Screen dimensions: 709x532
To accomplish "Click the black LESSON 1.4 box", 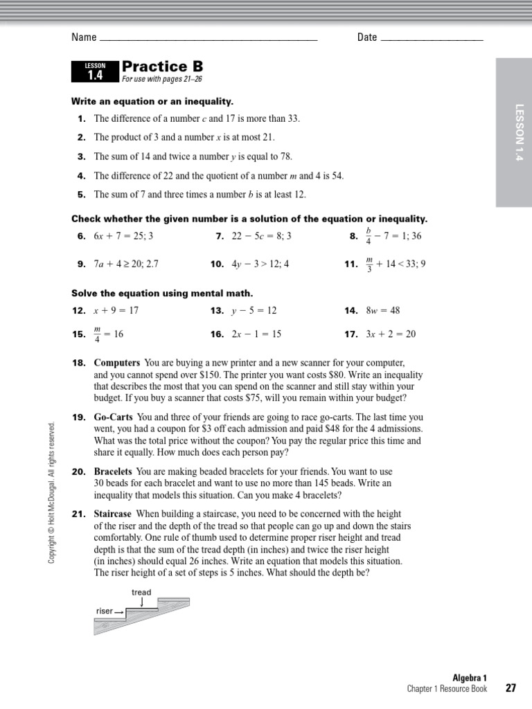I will (x=95, y=71).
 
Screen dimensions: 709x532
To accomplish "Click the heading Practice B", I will (x=163, y=66).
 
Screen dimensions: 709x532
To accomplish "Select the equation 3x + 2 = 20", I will (x=391, y=334).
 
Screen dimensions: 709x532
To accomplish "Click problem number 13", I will (x=217, y=311).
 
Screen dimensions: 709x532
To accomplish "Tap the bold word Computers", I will (x=117, y=363).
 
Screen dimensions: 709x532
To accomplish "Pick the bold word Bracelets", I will (x=114, y=472).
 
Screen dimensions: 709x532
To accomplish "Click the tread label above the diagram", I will (x=141, y=593).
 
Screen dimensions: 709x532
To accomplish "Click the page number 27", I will (x=511, y=688).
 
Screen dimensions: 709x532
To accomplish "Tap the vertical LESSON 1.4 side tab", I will (x=514, y=132).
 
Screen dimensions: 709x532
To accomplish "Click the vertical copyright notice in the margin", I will (x=51, y=492).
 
